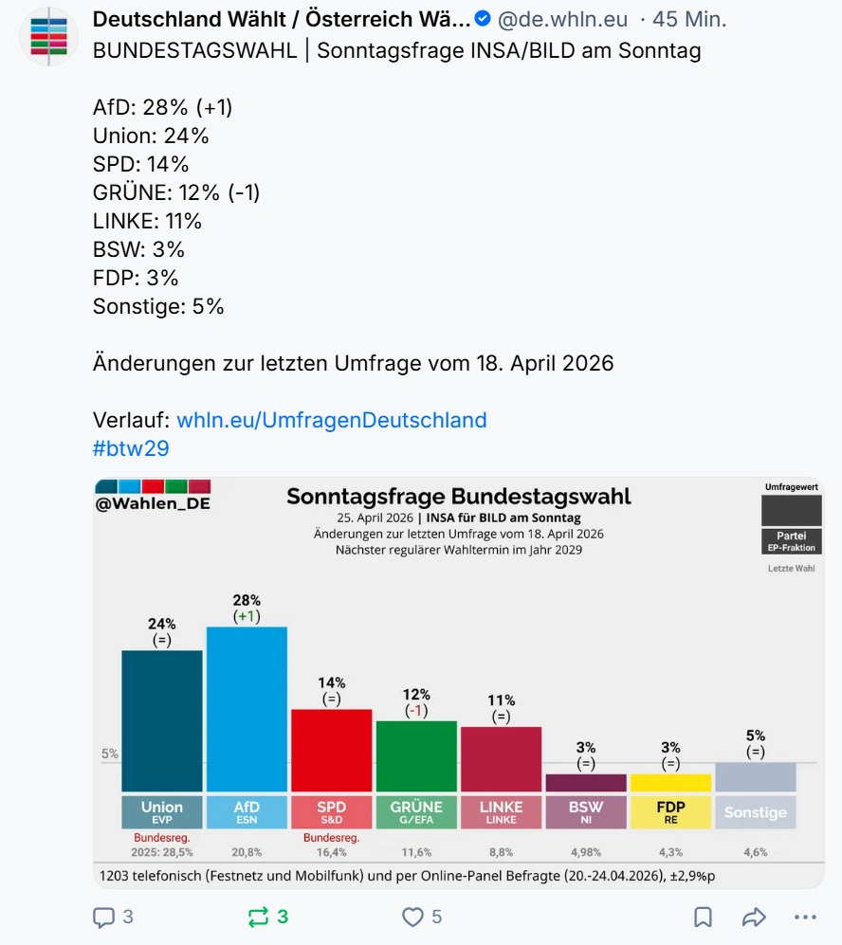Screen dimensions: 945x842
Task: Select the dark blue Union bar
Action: pyautogui.click(x=161, y=720)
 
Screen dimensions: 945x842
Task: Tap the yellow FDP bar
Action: pyautogui.click(x=670, y=782)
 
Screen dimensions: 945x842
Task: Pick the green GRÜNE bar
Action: pyautogui.click(x=416, y=755)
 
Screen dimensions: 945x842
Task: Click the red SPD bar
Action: pyautogui.click(x=331, y=750)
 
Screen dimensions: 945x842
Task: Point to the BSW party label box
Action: pyautogui.click(x=586, y=812)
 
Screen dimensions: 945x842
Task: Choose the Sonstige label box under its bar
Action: pyautogui.click(x=756, y=812)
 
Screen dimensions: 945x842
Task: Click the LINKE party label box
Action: pyautogui.click(x=501, y=812)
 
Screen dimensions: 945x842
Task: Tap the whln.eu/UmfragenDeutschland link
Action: pyautogui.click(x=332, y=420)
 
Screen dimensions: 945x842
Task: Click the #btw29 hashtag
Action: pyautogui.click(x=131, y=448)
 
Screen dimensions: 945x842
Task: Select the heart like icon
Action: pyautogui.click(x=412, y=917)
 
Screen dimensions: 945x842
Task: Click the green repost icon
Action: pyautogui.click(x=257, y=917)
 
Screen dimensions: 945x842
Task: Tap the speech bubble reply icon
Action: pyautogui.click(x=103, y=917)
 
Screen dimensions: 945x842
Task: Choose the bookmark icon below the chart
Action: pyautogui.click(x=703, y=917)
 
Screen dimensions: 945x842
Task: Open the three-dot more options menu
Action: pyautogui.click(x=804, y=917)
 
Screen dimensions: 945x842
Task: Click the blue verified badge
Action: pyautogui.click(x=483, y=19)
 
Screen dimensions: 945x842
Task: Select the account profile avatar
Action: pyautogui.click(x=48, y=36)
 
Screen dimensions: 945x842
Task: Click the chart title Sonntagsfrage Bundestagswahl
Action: pyautogui.click(x=459, y=497)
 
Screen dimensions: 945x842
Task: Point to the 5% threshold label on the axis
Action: pyautogui.click(x=110, y=754)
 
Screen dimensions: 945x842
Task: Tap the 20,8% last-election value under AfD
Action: pyautogui.click(x=247, y=852)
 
